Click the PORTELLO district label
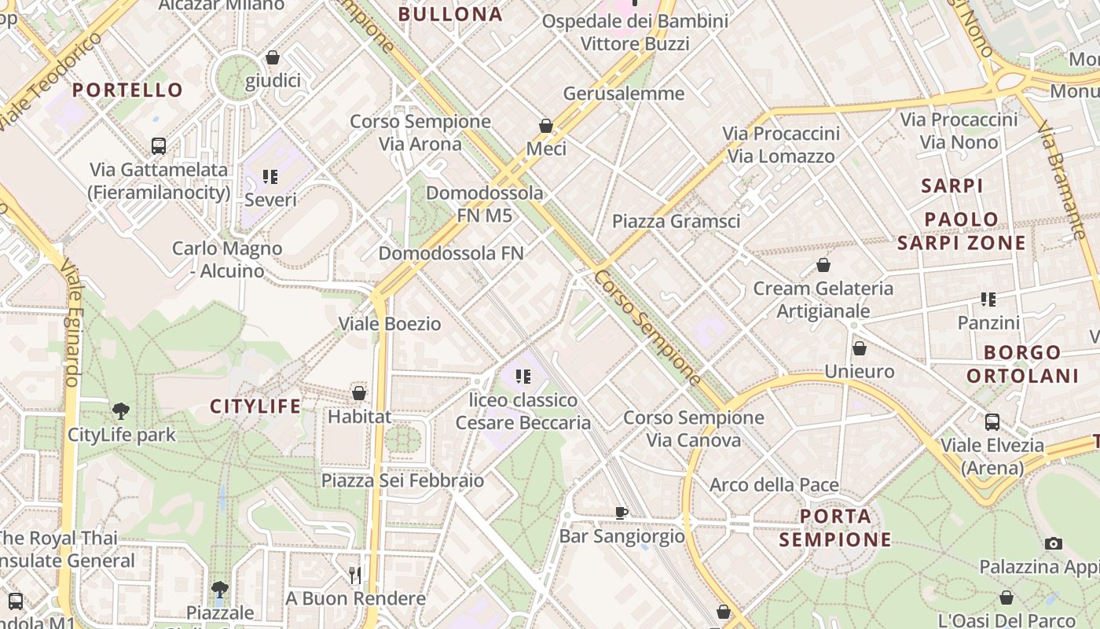coord(128,90)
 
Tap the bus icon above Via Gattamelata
coord(159,145)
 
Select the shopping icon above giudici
coord(273,57)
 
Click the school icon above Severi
coord(270,176)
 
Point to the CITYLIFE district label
coord(255,406)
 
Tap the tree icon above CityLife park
coord(121,410)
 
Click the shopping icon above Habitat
coord(359,392)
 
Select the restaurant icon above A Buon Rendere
coord(355,575)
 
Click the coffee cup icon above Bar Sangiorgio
coord(621,513)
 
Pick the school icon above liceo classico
coord(523,377)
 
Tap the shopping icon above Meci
coord(546,125)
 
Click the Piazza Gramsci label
coord(676,222)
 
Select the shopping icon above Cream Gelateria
coord(823,265)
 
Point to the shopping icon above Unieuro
coord(860,348)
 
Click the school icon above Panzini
coord(988,299)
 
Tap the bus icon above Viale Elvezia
coord(992,421)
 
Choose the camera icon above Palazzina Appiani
coord(1054,543)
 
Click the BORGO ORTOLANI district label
coord(1022,364)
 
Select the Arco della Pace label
coord(774,485)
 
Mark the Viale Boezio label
coord(390,324)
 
